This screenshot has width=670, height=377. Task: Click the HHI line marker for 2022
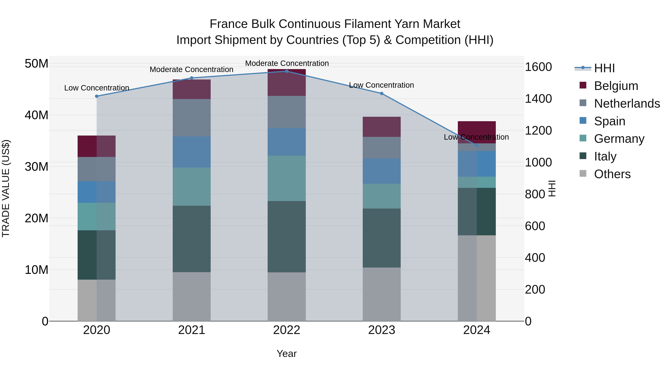pyautogui.click(x=287, y=71)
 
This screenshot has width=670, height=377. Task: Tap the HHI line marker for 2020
pyautogui.click(x=97, y=96)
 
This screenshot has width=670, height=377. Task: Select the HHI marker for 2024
pyautogui.click(x=477, y=145)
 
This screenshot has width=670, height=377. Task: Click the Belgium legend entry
pyautogui.click(x=616, y=86)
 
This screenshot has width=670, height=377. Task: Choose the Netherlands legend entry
pyautogui.click(x=627, y=104)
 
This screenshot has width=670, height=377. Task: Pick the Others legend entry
pyautogui.click(x=612, y=174)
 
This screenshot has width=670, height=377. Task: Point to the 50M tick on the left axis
pyautogui.click(x=36, y=63)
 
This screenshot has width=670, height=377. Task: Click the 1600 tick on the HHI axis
pyautogui.click(x=538, y=67)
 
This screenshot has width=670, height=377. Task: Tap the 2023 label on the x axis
pyautogui.click(x=382, y=330)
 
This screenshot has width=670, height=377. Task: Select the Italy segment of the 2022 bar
pyautogui.click(x=287, y=237)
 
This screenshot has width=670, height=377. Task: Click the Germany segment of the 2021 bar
pyautogui.click(x=192, y=187)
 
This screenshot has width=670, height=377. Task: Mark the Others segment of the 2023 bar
pyautogui.click(x=382, y=294)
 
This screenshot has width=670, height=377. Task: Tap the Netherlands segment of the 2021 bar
pyautogui.click(x=192, y=118)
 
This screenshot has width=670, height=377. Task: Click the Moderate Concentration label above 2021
pyautogui.click(x=192, y=69)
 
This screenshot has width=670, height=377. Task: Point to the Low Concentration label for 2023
pyautogui.click(x=381, y=85)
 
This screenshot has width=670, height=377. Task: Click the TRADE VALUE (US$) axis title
pyautogui.click(x=6, y=188)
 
